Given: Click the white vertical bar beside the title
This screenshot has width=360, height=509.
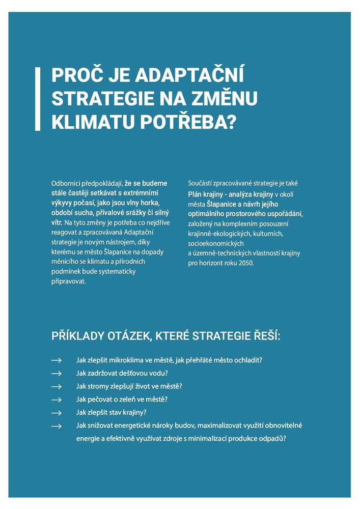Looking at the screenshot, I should click(x=37, y=99).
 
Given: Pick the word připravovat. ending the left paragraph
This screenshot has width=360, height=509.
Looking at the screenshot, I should click(x=69, y=281).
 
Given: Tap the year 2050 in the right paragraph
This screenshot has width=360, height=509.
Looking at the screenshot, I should click(x=243, y=263).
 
